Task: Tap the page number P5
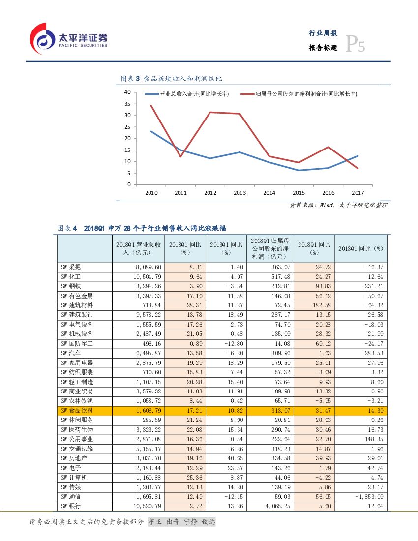click(x=355, y=45)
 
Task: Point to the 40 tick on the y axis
click(x=127, y=92)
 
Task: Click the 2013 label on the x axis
click(x=239, y=193)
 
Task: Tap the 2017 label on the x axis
click(x=358, y=193)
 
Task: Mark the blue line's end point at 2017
click(x=358, y=156)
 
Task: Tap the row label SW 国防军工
click(x=77, y=344)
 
